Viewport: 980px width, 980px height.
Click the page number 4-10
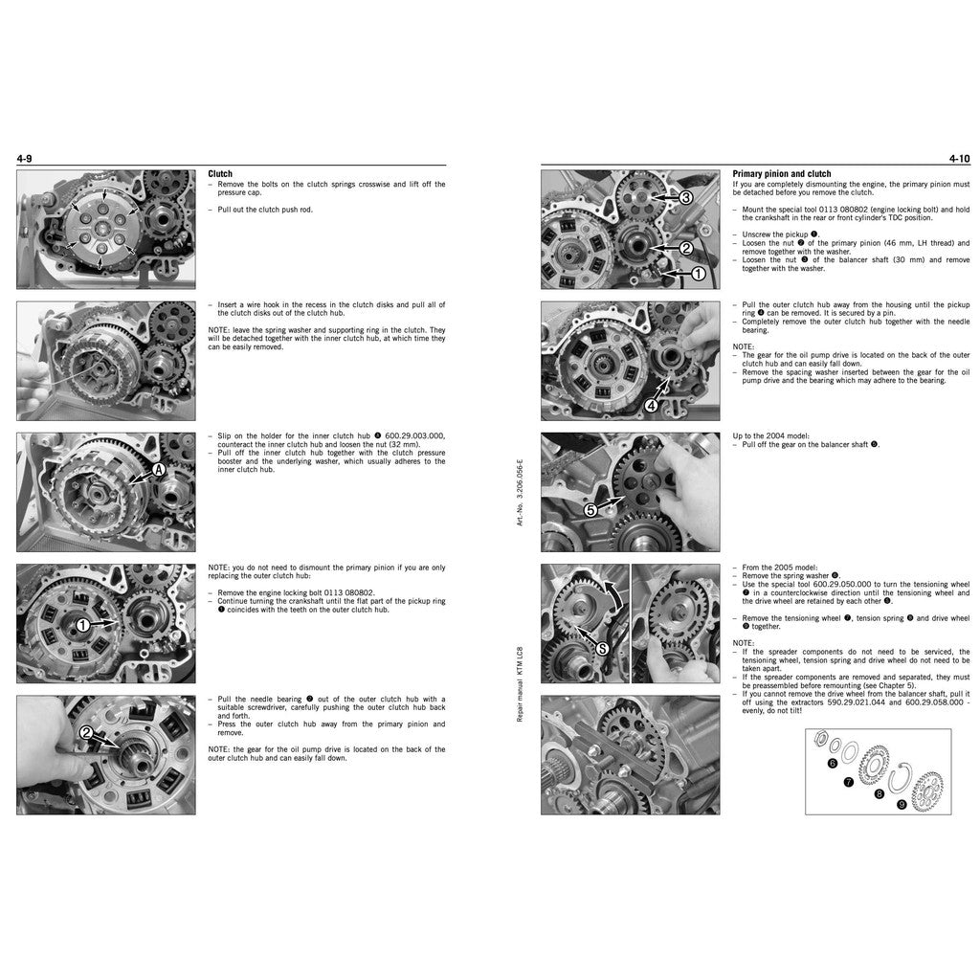tap(959, 158)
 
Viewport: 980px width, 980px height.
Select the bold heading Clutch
tap(220, 174)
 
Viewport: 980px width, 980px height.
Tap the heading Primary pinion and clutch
tap(781, 174)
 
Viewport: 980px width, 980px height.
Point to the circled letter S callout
tap(601, 648)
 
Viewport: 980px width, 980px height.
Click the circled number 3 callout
tap(685, 198)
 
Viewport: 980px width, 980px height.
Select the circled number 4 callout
tap(652, 405)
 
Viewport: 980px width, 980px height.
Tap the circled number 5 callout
tap(590, 510)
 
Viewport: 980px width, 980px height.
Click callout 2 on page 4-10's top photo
tap(685, 248)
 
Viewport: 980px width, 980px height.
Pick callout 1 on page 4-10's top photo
tap(699, 274)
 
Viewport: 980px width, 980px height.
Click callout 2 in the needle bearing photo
tap(86, 734)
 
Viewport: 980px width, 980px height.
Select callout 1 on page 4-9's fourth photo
tap(83, 624)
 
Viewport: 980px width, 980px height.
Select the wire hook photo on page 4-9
tap(105, 360)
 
